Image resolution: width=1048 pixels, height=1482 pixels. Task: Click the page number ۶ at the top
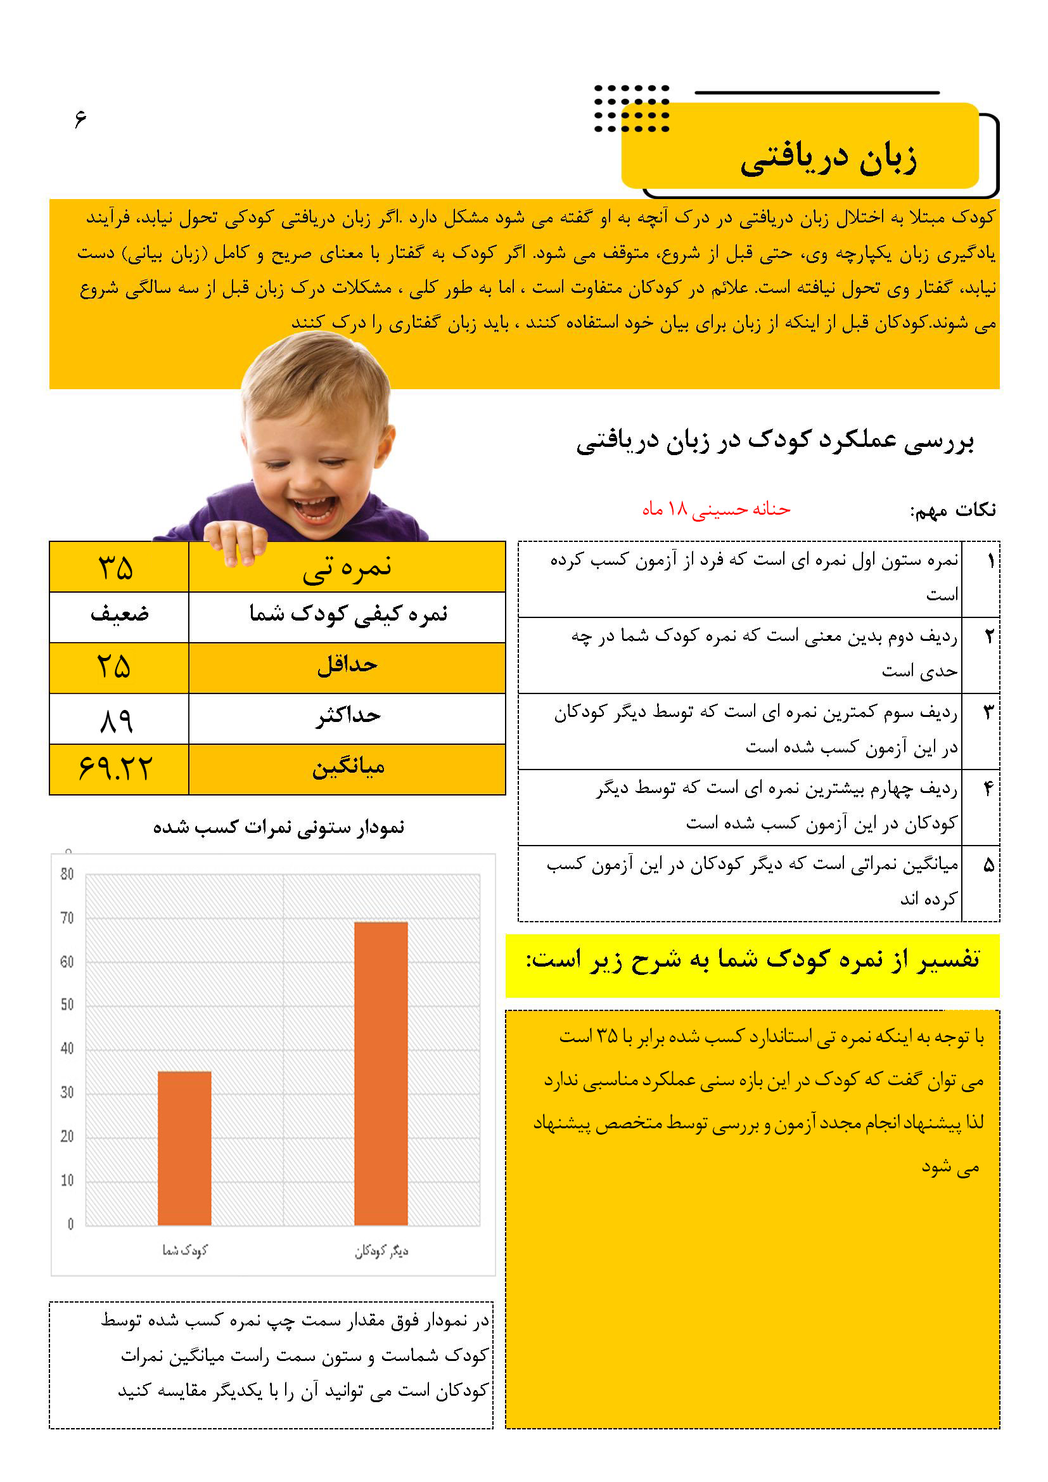[x=80, y=119]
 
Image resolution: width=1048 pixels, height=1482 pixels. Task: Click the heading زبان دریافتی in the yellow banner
[x=829, y=158]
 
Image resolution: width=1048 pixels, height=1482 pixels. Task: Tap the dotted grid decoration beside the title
[x=631, y=108]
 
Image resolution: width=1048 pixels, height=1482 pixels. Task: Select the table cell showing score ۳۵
[x=116, y=567]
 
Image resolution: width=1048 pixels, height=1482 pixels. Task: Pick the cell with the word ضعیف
[x=119, y=614]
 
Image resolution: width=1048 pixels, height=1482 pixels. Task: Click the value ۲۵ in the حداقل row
[x=114, y=666]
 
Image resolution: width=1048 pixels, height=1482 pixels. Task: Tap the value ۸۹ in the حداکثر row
[x=117, y=719]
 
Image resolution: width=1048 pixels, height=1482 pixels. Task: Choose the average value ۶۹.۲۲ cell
[x=116, y=769]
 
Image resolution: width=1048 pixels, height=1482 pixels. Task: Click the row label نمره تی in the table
[x=348, y=567]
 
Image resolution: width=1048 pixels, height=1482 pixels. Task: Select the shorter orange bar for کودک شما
[x=184, y=1149]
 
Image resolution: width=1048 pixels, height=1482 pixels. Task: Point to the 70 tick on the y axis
[x=67, y=918]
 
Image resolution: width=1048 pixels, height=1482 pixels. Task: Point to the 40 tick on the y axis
[x=67, y=1049]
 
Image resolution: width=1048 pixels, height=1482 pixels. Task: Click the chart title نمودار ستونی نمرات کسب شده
[x=278, y=827]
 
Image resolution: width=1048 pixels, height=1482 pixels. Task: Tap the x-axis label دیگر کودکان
[x=381, y=1251]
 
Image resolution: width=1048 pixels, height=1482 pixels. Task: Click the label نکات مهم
[x=953, y=510]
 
